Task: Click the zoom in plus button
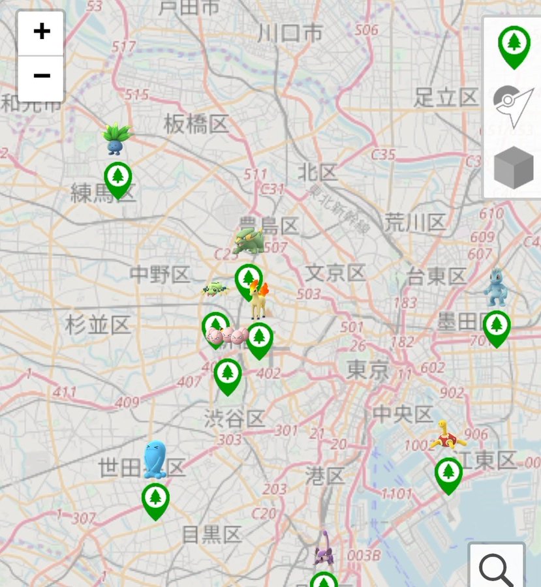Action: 41,32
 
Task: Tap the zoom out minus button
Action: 41,77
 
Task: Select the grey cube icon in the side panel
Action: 514,168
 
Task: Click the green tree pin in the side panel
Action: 514,46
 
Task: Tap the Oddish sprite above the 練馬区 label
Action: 116,138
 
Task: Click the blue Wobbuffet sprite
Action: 155,460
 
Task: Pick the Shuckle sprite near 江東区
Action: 447,435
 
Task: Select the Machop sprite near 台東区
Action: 496,286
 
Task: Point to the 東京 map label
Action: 368,370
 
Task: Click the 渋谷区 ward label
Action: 234,418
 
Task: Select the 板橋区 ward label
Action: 196,123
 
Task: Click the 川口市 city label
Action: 290,33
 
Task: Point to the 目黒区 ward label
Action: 211,535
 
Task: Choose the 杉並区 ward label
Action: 98,324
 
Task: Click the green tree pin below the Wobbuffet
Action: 155,500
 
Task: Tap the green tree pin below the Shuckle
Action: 448,474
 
